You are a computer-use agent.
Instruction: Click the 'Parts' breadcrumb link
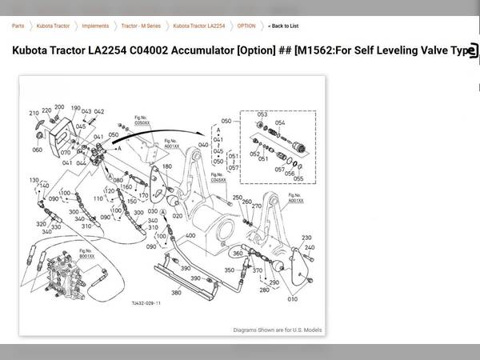(x=18, y=26)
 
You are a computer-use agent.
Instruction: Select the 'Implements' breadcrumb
(x=95, y=26)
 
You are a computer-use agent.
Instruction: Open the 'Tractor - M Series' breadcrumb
(x=142, y=26)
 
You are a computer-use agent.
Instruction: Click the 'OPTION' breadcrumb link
(x=246, y=26)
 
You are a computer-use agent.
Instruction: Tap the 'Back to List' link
(x=284, y=26)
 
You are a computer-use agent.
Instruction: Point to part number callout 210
(x=34, y=113)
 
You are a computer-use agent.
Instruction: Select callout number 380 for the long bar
(x=177, y=293)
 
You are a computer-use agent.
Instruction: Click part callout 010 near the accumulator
(x=292, y=299)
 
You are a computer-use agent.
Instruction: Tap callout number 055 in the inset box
(x=298, y=178)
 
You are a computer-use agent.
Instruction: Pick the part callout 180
(x=167, y=166)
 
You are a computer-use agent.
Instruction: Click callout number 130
(x=34, y=182)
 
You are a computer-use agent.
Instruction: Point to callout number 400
(x=190, y=236)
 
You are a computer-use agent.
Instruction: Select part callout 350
(x=230, y=270)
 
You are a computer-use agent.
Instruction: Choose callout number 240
(x=310, y=248)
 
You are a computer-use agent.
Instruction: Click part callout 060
(x=37, y=150)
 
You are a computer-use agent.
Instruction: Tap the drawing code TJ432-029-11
(x=146, y=304)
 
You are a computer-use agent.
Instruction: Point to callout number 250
(x=237, y=198)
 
